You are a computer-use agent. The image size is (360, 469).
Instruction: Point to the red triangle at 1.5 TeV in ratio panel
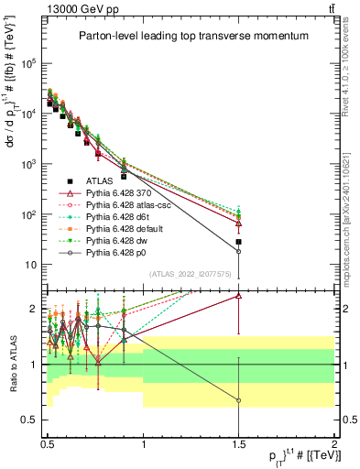[x=238, y=295]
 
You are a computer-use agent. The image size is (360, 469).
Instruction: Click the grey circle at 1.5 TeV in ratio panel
[x=238, y=400]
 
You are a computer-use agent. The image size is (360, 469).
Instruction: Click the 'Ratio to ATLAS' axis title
[x=12, y=364]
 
